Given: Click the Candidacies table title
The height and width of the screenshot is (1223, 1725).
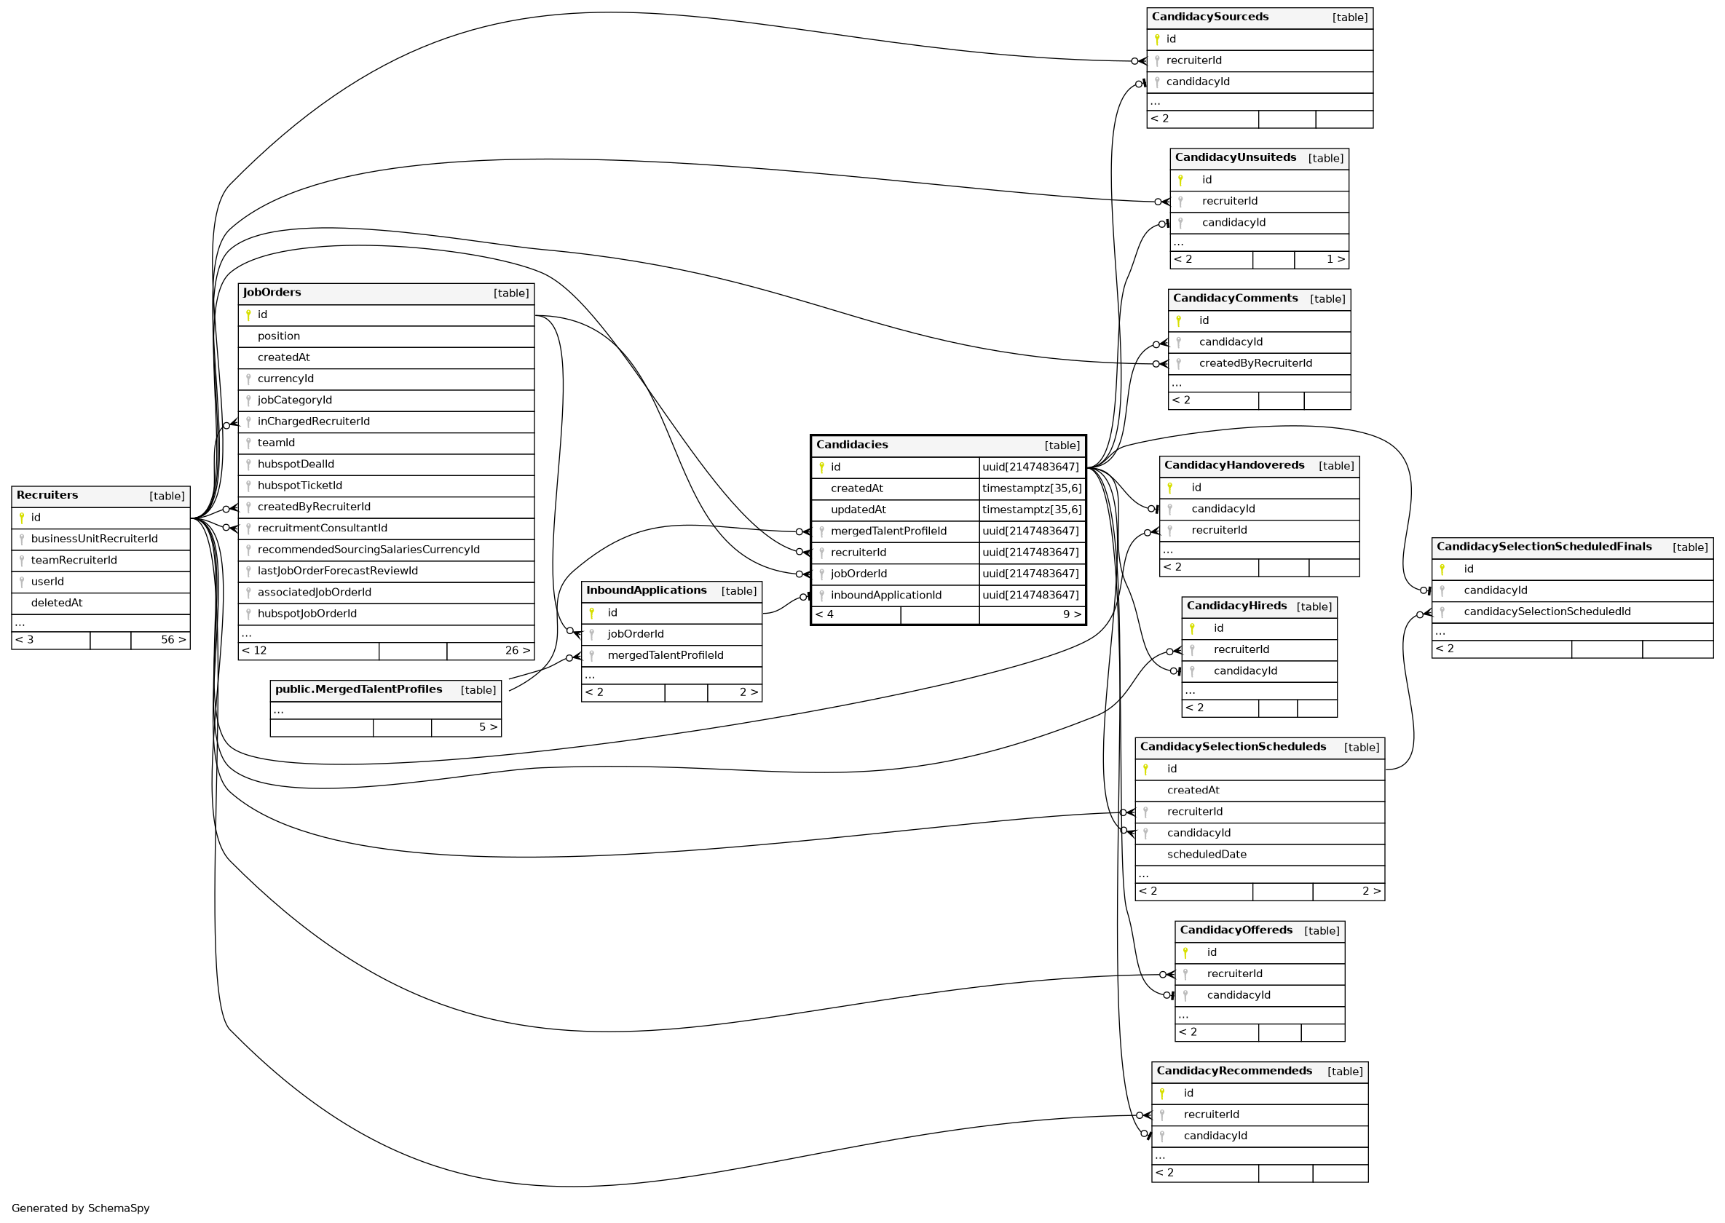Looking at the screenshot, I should coord(851,445).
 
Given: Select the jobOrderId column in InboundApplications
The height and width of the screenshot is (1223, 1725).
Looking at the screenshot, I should coord(635,634).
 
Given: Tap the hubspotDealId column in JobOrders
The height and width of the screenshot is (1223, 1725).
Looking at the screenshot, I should coord(296,464).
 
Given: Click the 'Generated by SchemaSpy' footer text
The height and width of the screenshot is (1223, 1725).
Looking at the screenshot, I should coord(81,1208).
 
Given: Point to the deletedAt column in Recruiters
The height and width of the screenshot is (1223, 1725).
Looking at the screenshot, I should coord(57,603).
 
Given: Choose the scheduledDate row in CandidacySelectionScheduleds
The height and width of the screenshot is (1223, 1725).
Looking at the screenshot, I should coord(1206,855).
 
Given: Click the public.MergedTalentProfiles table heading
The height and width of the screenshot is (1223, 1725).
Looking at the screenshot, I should coord(358,690).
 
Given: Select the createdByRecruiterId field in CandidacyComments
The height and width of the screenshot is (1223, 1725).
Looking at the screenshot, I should coord(1255,364).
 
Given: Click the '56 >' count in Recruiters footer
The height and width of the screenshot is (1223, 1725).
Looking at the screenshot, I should coord(173,640).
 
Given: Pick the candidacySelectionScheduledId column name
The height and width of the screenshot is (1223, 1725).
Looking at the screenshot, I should coord(1547,612).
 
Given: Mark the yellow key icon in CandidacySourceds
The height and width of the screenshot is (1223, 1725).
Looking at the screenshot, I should coord(1156,39).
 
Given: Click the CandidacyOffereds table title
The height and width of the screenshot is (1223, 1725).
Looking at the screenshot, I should coord(1236,931).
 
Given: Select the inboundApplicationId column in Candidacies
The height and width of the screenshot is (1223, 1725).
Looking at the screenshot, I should coord(885,595).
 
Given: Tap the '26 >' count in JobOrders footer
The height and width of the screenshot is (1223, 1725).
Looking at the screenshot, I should coord(517,651).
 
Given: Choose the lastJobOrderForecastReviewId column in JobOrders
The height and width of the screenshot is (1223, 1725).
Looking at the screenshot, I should coord(336,571).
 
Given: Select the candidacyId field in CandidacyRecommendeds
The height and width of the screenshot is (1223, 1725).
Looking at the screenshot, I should coord(1215,1136).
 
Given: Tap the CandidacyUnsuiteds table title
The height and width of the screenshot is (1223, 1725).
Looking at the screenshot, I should coord(1235,158).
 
